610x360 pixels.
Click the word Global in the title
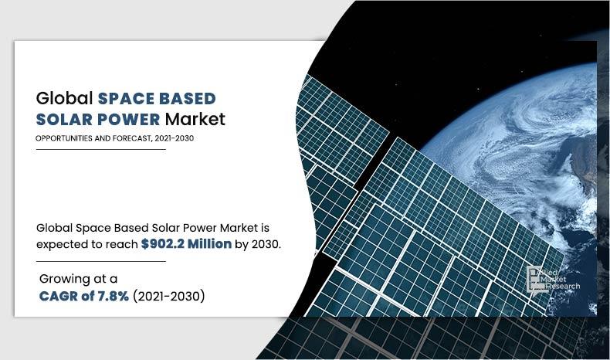64,99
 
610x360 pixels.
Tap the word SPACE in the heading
127,99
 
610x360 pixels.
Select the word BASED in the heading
188,99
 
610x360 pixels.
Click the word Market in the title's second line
195,121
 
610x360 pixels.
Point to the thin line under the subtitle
100,149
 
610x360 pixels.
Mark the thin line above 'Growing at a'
100,261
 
